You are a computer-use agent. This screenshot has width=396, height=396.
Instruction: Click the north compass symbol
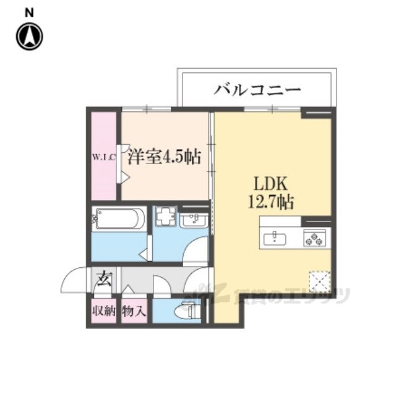(x=28, y=37)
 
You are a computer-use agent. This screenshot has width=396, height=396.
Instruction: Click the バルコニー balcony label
(x=257, y=90)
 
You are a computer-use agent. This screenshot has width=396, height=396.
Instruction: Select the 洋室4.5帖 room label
(x=164, y=158)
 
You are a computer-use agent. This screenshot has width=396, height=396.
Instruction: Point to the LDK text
(x=267, y=184)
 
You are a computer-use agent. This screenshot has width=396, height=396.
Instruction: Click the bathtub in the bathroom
(x=119, y=218)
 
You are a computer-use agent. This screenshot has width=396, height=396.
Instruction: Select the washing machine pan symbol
(x=166, y=218)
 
